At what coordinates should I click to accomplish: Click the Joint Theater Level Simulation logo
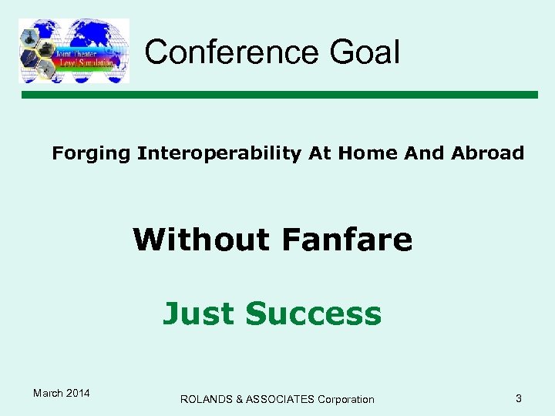click(74, 51)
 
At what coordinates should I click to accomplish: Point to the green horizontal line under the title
click(277, 95)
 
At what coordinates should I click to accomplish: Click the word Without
click(202, 240)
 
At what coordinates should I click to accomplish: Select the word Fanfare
click(347, 240)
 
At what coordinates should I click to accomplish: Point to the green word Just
click(198, 314)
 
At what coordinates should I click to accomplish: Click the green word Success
click(313, 314)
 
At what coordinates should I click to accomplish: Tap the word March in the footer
click(49, 394)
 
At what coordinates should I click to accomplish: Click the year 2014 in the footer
click(79, 394)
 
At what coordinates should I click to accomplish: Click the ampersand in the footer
click(240, 399)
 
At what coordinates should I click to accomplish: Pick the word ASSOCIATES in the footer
click(280, 399)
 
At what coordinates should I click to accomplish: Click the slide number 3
click(519, 398)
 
